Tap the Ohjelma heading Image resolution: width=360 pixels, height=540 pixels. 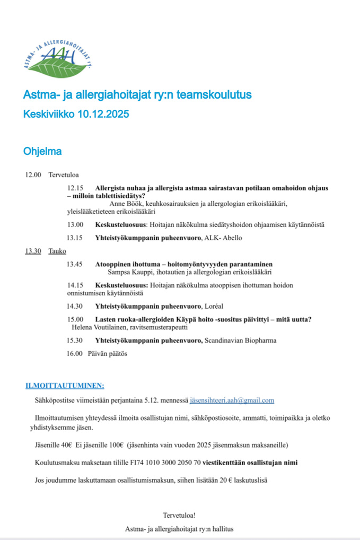pyautogui.click(x=42, y=151)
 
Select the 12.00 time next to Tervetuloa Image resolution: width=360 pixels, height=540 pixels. pyautogui.click(x=33, y=175)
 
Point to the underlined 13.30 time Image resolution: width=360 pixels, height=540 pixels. pyautogui.click(x=33, y=251)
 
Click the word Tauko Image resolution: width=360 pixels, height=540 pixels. pyautogui.click(x=57, y=251)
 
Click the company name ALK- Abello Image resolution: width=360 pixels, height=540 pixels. pyautogui.click(x=223, y=238)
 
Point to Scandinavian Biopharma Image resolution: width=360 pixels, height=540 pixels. pyautogui.click(x=241, y=341)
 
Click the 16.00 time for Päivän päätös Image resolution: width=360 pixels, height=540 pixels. pyautogui.click(x=74, y=353)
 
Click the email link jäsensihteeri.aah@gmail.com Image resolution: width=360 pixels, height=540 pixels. pyautogui.click(x=232, y=400)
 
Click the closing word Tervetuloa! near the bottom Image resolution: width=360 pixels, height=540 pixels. pyautogui.click(x=180, y=515)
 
